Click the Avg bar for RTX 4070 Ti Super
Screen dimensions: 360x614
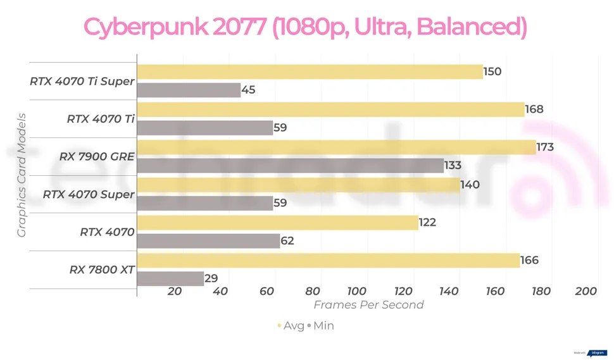coord(310,72)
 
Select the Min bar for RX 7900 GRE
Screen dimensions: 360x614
coord(290,166)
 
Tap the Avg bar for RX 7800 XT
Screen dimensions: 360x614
coord(328,260)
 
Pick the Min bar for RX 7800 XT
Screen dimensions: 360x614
coord(170,279)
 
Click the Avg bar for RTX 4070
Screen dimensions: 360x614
coord(277,223)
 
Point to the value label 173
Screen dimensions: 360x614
coord(545,147)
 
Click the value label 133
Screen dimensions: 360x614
coord(453,166)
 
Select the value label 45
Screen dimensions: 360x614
coord(248,90)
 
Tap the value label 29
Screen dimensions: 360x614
coord(211,279)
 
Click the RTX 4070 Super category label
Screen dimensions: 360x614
coord(89,194)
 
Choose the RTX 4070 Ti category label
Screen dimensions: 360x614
coord(101,118)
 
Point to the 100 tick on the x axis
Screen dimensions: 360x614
coord(358,292)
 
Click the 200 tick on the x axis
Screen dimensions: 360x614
coord(587,292)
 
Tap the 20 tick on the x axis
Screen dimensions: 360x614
coord(175,292)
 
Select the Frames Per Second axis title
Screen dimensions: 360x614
coord(369,305)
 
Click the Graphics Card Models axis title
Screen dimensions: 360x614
coord(22,175)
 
